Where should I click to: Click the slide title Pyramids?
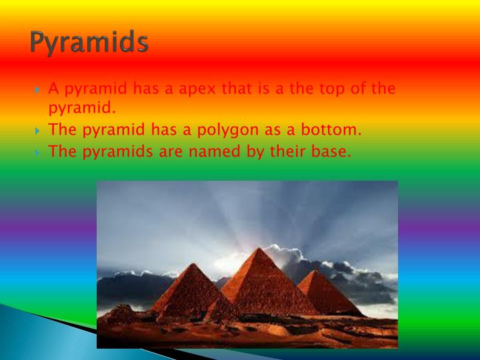coord(89,43)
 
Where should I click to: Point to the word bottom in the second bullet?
coord(333,130)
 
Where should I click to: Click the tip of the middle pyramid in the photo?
coord(256,249)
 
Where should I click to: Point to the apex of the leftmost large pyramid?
coord(191,264)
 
